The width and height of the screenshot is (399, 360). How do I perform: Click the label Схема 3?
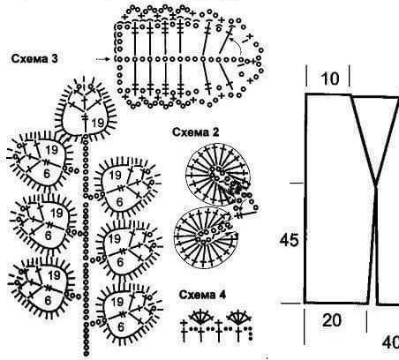(34, 59)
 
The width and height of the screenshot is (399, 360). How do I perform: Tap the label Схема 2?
(196, 132)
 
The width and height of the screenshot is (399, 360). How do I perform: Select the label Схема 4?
(202, 295)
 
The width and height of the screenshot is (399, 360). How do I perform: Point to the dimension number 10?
(330, 79)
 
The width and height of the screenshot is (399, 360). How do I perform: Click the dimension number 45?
(289, 240)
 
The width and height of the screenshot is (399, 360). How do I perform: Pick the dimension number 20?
(332, 320)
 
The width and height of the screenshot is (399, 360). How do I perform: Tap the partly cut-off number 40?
(390, 342)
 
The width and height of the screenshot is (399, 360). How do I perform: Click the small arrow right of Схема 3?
(102, 59)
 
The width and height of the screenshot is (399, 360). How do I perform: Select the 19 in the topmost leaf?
(98, 123)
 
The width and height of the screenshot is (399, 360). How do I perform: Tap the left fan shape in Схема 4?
(201, 317)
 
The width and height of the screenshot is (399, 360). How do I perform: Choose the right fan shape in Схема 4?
(238, 317)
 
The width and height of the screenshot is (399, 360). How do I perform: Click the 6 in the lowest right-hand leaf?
(120, 327)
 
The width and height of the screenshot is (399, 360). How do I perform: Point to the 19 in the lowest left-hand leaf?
(54, 275)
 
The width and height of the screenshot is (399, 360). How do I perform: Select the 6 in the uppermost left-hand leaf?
(47, 174)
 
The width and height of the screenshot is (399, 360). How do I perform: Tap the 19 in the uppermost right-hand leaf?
(115, 176)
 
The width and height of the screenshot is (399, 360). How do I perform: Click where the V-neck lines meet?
(376, 185)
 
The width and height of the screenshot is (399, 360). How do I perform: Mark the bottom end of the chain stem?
(87, 354)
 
